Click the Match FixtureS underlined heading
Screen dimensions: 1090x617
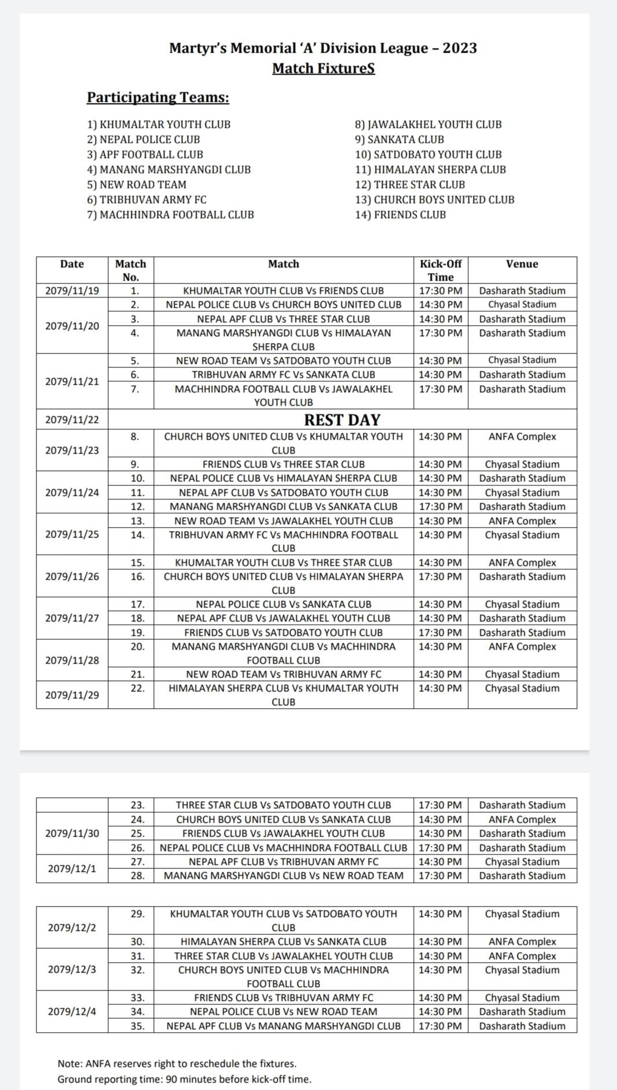pos(324,68)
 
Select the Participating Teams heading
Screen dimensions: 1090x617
pos(158,97)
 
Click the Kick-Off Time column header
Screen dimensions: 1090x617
pos(440,270)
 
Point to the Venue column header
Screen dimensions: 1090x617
pos(522,264)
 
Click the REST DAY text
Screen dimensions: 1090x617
pos(342,419)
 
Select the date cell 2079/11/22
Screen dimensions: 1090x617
pos(72,420)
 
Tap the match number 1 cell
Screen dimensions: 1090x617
pos(134,290)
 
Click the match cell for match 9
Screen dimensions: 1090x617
pos(284,464)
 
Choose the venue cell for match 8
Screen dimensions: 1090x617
pos(522,437)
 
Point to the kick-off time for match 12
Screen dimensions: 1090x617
pos(440,506)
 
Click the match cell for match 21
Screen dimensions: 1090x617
pos(284,674)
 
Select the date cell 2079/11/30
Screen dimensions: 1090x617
pos(72,833)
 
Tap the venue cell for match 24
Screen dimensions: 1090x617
pos(522,819)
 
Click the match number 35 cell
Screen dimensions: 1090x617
pos(137,1026)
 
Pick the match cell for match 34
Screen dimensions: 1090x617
pos(284,1011)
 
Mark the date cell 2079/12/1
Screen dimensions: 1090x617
pos(72,868)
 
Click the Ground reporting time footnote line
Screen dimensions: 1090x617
pos(184,1079)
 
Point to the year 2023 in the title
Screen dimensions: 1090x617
pos(460,48)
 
